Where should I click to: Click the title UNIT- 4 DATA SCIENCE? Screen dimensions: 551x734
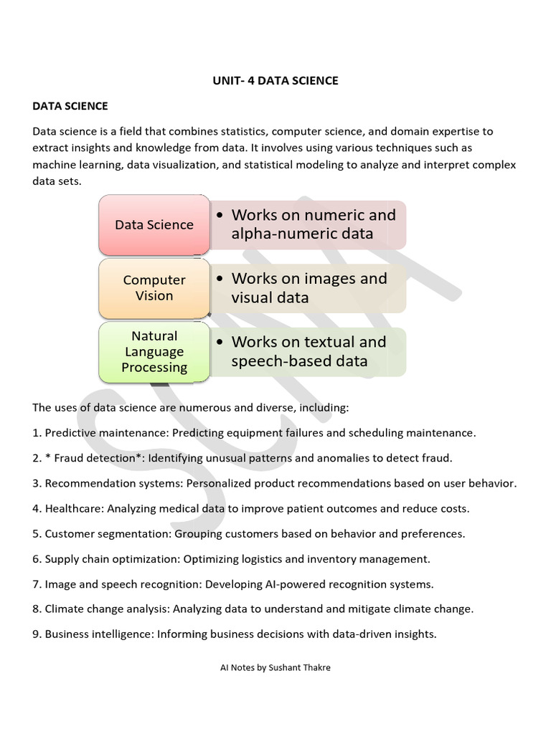point(275,81)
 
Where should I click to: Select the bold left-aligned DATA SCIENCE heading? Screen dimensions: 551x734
point(70,106)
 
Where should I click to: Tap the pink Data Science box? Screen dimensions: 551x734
point(154,225)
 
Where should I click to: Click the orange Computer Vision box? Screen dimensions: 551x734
point(154,288)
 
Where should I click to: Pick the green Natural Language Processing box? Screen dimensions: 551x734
point(154,352)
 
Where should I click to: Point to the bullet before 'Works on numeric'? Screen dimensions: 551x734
point(220,215)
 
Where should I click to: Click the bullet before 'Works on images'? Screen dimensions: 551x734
point(220,279)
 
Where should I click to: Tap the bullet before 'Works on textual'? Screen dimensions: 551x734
point(220,342)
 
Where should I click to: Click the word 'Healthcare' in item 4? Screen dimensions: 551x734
point(74,509)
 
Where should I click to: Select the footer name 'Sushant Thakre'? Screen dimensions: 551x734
point(299,667)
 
